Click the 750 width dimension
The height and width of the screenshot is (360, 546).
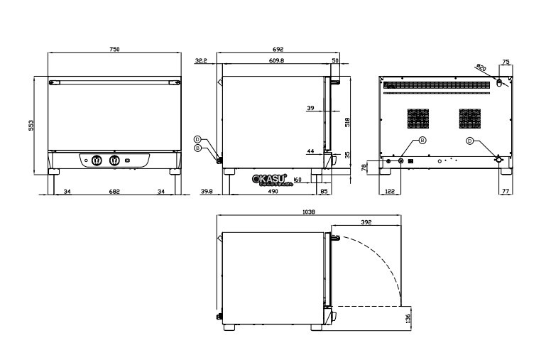pos(114,50)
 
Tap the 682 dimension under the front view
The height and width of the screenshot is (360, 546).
pos(114,191)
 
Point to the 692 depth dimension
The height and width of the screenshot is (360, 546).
pos(278,50)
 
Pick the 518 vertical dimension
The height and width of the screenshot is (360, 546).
pos(346,121)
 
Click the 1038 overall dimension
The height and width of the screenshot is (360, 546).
pos(308,212)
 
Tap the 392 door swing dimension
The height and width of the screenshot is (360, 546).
pos(366,222)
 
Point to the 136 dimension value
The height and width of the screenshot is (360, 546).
pos(408,320)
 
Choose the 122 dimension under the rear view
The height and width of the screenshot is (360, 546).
pos(388,191)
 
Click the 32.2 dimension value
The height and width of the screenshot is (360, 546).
pos(200,61)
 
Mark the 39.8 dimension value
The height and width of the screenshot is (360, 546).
pos(207,191)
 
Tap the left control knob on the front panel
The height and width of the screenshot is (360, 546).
pos(97,161)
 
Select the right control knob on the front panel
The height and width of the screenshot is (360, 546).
pos(114,161)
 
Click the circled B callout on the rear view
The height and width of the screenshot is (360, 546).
pos(422,141)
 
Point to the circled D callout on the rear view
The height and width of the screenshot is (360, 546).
pos(469,141)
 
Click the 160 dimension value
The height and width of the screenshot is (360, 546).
pos(297,179)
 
